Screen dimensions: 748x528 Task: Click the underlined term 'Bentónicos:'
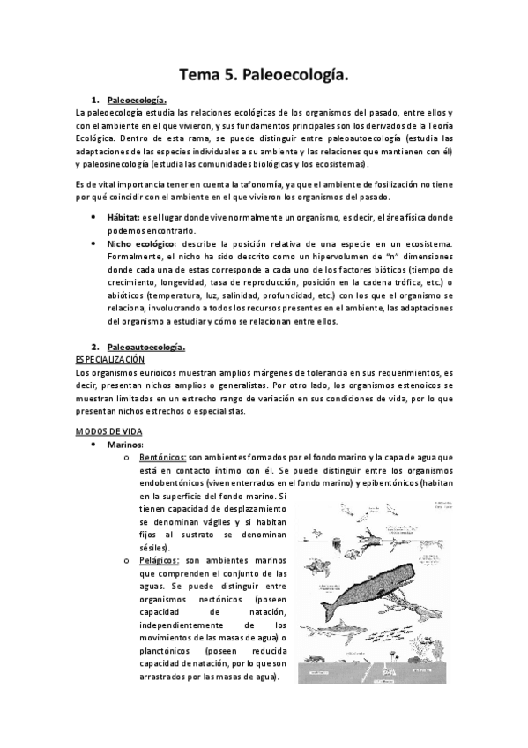[162, 457]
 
